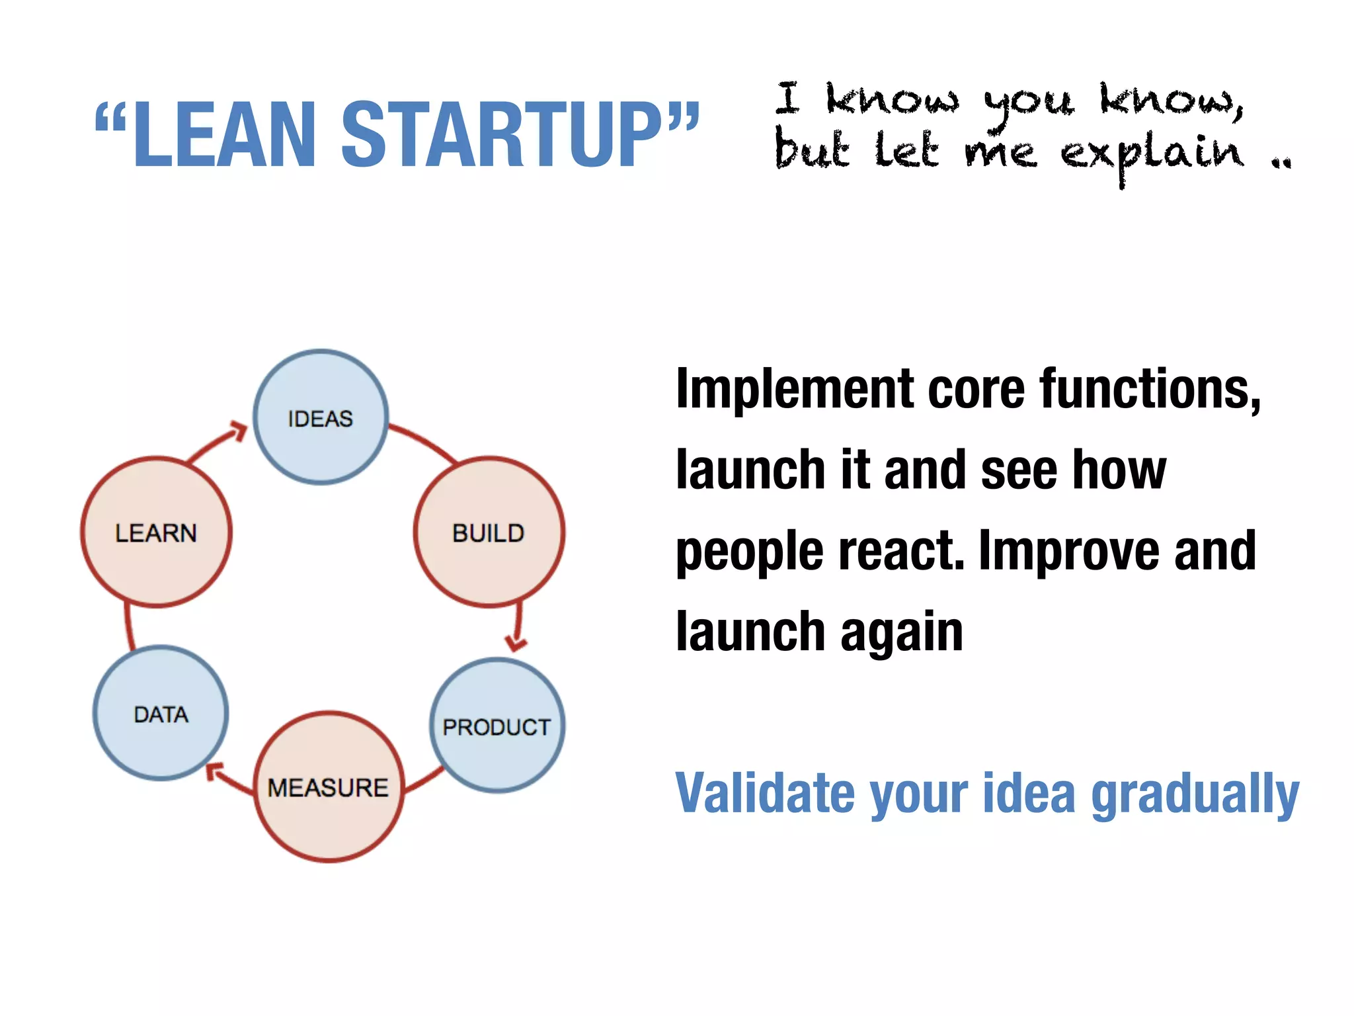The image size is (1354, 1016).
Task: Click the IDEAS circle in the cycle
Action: click(321, 417)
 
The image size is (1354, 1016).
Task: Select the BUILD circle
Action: click(489, 532)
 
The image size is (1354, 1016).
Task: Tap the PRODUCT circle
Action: click(497, 726)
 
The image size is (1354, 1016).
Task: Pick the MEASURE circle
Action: click(329, 786)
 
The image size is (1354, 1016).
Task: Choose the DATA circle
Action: click(161, 713)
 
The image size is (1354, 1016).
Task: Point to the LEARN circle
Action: click(156, 532)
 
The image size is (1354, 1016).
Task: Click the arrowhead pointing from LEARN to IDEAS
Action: click(237, 431)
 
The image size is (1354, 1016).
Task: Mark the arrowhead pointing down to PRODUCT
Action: click(515, 642)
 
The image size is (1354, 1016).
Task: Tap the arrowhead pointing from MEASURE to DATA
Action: click(214, 771)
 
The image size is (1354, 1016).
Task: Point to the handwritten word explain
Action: click(1152, 154)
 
